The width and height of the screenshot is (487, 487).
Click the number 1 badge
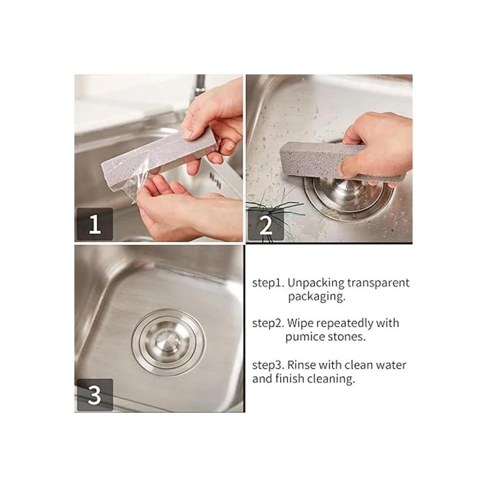95,224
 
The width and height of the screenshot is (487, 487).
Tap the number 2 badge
265,224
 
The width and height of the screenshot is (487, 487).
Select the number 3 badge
95,395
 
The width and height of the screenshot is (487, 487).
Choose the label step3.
269,365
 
